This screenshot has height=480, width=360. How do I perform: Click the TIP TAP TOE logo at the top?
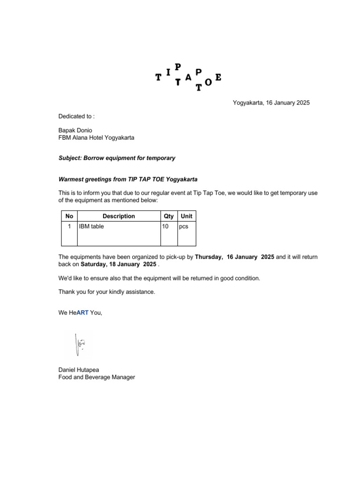(188, 77)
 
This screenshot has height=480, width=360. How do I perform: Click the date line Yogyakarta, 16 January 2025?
(271, 103)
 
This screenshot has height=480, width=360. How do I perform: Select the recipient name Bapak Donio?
(75, 130)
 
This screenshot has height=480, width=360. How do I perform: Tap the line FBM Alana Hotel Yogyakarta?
(96, 138)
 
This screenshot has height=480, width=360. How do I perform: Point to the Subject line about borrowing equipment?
(117, 158)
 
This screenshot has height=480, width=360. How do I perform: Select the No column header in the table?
(69, 216)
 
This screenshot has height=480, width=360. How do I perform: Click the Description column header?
(119, 216)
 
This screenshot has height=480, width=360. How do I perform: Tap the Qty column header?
(169, 216)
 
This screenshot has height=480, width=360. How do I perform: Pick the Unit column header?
(187, 216)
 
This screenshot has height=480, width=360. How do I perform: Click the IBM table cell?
(91, 226)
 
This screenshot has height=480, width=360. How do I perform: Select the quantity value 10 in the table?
(165, 226)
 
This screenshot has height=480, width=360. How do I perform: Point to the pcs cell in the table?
(184, 226)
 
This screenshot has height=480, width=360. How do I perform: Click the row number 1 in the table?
(69, 226)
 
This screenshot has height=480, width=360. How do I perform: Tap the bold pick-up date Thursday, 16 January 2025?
(234, 257)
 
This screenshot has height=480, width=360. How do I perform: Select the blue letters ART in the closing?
(82, 313)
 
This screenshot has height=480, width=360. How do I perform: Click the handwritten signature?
(79, 345)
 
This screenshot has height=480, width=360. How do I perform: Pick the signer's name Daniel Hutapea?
(79, 370)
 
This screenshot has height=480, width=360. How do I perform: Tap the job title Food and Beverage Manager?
(97, 377)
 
